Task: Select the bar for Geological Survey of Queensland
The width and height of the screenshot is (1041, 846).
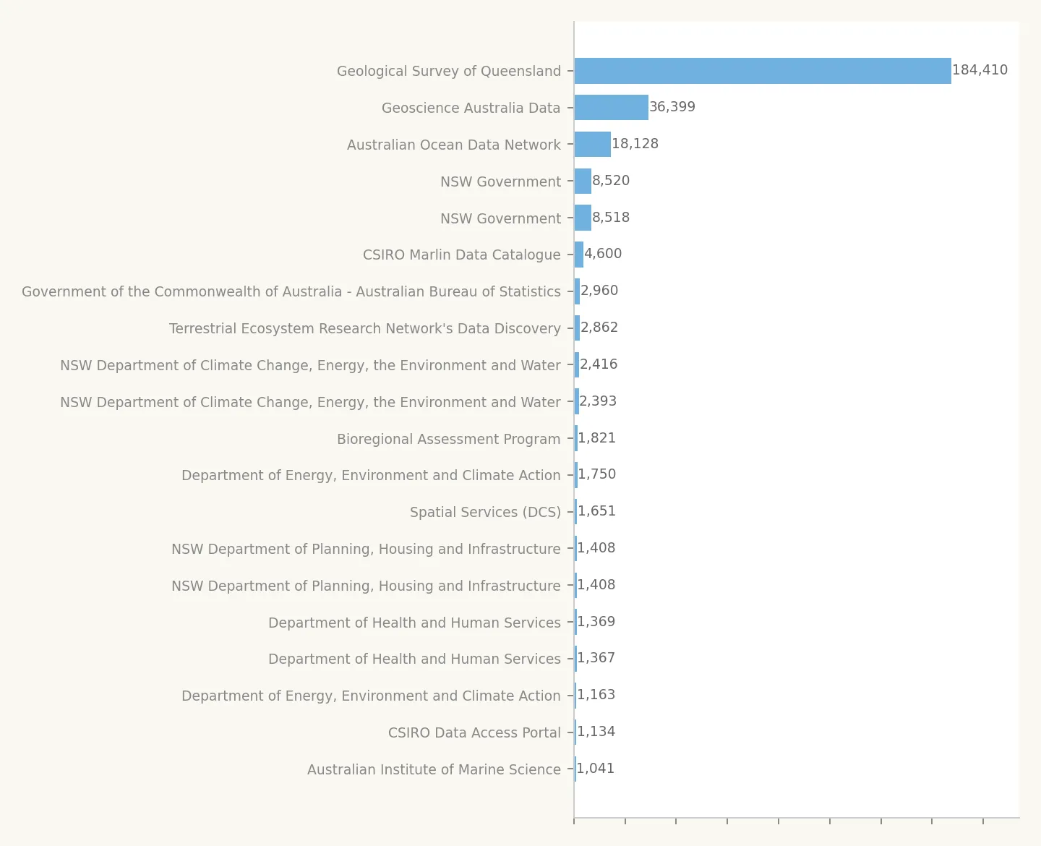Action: click(763, 71)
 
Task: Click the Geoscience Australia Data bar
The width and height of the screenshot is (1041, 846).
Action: click(612, 108)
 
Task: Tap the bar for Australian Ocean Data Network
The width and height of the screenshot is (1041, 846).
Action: click(593, 145)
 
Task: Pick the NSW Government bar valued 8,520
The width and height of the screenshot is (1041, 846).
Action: click(583, 181)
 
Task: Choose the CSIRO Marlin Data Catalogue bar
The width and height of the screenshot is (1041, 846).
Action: click(579, 255)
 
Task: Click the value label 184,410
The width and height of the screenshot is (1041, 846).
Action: click(980, 70)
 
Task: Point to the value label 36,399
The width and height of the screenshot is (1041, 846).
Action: click(672, 107)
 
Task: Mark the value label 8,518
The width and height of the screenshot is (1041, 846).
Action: click(611, 218)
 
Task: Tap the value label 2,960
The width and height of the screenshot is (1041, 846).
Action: click(599, 291)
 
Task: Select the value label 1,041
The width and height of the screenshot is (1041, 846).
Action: click(596, 769)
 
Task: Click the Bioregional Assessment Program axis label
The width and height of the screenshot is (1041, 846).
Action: click(448, 439)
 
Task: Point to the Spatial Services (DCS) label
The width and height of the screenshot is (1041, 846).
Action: click(485, 512)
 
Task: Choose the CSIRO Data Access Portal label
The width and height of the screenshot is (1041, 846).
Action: click(474, 732)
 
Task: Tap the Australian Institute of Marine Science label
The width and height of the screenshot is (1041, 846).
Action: click(434, 769)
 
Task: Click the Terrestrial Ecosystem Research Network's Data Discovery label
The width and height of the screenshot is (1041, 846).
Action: click(364, 328)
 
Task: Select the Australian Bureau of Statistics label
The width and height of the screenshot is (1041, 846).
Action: click(291, 291)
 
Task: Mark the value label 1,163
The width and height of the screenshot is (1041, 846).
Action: click(596, 695)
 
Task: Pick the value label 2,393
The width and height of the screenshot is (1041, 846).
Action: click(598, 401)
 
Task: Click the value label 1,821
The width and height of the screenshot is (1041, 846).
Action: click(597, 438)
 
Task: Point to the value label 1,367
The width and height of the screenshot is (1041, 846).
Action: click(596, 658)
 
